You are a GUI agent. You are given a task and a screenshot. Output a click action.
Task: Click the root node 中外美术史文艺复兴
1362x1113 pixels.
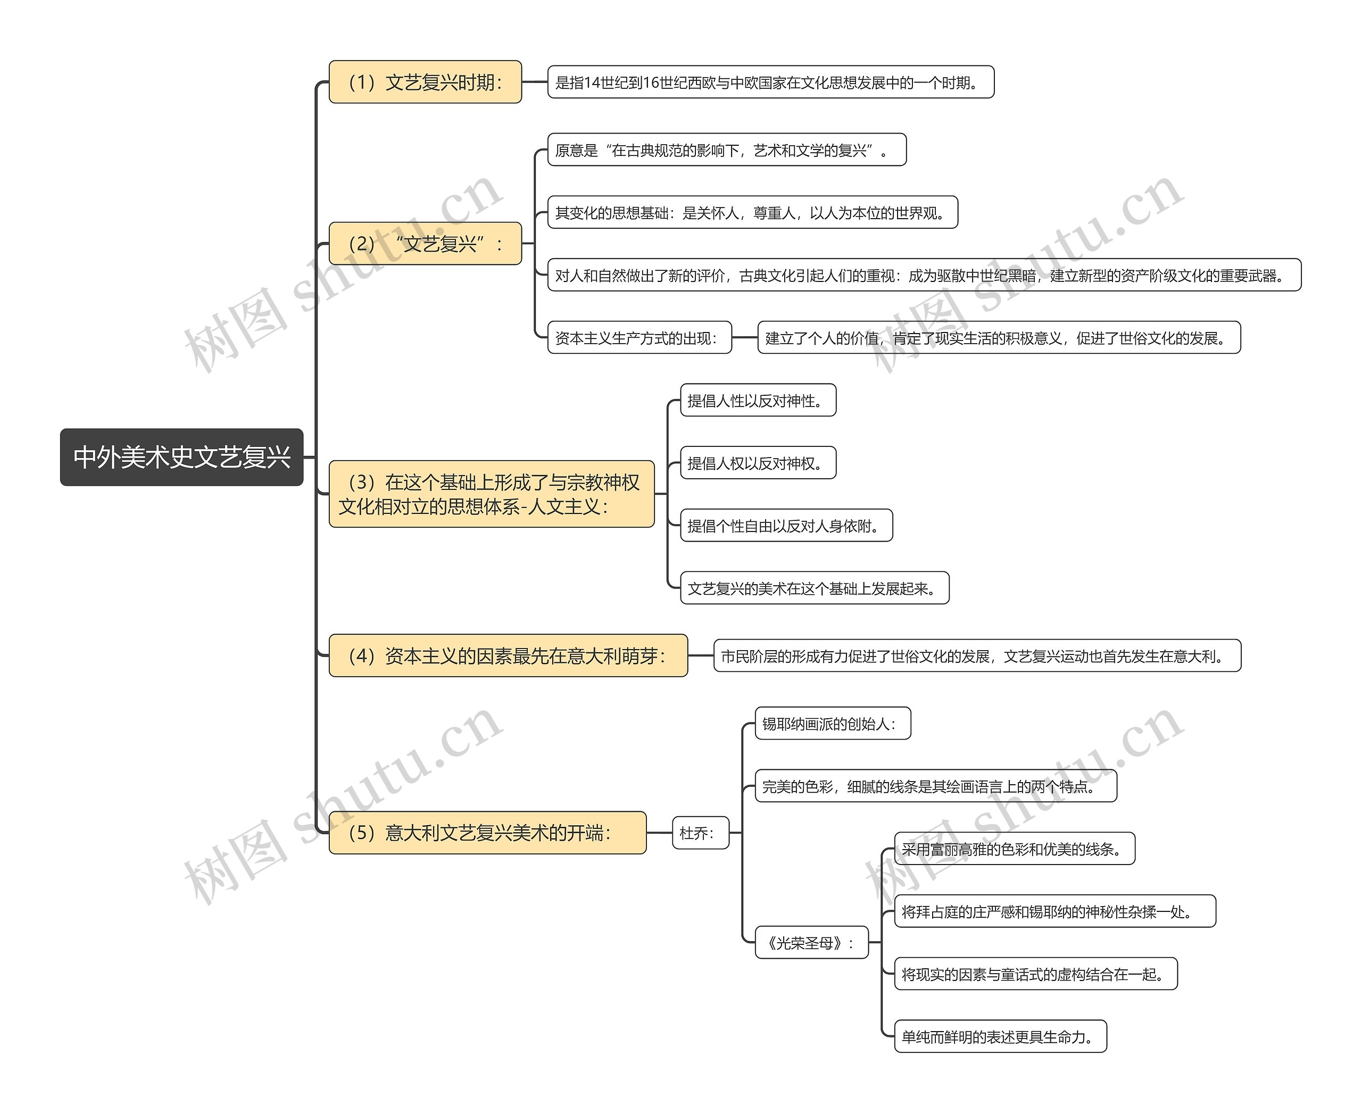tap(181, 457)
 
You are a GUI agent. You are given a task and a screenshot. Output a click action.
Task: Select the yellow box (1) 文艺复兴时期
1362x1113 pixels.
tap(425, 82)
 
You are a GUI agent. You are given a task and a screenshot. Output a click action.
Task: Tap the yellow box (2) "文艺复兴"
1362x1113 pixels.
tap(425, 244)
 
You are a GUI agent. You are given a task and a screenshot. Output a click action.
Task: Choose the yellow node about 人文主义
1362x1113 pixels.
tap(491, 494)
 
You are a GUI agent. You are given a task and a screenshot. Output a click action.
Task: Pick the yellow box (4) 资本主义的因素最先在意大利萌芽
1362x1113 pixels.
tap(508, 656)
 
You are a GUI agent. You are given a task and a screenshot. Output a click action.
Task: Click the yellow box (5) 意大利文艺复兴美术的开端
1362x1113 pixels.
tap(487, 833)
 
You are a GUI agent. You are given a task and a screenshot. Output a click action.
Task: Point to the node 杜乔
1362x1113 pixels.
tap(700, 833)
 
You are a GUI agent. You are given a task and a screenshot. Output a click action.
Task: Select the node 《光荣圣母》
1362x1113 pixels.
tap(811, 942)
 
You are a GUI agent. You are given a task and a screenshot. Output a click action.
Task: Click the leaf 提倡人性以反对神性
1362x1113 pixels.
tap(758, 401)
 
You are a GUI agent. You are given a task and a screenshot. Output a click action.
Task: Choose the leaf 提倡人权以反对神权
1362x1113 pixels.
tap(758, 463)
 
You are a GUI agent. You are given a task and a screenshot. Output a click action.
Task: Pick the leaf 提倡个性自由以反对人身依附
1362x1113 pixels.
tap(786, 526)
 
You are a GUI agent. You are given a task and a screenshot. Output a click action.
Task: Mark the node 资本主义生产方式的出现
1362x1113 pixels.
tap(640, 338)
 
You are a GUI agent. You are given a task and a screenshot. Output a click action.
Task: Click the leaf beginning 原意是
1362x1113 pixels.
tap(727, 150)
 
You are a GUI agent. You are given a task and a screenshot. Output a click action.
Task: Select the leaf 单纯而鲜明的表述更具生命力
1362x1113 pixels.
tap(1000, 1037)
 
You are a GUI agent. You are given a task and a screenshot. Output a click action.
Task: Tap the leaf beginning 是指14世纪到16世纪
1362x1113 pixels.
tap(770, 82)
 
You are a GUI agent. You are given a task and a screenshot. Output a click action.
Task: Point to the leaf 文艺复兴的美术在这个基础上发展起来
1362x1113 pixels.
tap(815, 588)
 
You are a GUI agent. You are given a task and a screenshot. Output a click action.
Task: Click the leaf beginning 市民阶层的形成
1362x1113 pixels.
tap(977, 656)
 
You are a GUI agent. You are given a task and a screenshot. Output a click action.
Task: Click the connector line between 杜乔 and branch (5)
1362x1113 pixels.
tap(659, 833)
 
